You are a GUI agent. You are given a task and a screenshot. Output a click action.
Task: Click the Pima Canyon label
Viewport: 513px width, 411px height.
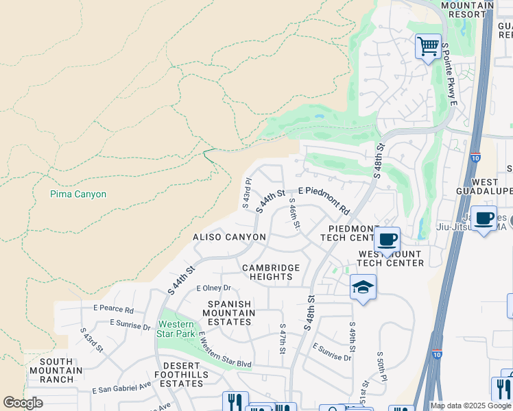coord(78,195)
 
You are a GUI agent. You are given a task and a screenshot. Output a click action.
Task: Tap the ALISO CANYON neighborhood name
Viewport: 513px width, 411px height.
coord(228,237)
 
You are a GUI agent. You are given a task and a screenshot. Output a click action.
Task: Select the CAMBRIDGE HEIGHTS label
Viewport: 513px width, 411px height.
coord(270,272)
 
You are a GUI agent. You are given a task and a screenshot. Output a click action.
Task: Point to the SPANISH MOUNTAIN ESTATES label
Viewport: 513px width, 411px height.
coord(230,312)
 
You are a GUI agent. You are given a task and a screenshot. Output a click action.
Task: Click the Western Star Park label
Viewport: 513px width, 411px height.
coord(176,329)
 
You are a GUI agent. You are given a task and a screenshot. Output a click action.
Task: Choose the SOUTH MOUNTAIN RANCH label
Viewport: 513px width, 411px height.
coord(66,370)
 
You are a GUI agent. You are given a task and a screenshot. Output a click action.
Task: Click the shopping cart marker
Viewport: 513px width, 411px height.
coord(428,47)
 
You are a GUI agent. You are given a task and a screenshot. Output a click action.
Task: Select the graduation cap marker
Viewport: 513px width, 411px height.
coord(363,287)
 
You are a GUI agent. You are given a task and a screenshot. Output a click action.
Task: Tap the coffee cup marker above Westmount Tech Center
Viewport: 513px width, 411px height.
coord(387,240)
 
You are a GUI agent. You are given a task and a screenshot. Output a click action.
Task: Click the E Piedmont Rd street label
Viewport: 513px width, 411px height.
coord(324,198)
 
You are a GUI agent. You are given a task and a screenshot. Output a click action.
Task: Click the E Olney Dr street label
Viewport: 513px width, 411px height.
coord(214,288)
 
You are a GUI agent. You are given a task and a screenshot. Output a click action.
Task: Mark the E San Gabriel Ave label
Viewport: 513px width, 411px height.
coord(122,388)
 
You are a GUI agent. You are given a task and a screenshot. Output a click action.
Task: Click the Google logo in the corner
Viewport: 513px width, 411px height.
coord(23,403)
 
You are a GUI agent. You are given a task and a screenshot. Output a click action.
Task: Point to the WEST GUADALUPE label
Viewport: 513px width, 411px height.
coord(484,186)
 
